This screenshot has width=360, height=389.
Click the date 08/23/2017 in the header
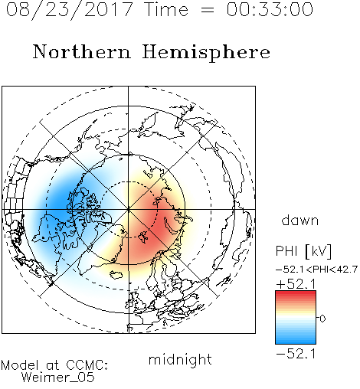(x=69, y=9)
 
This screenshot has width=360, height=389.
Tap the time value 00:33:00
(x=270, y=9)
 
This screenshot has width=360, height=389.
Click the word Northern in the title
(x=82, y=51)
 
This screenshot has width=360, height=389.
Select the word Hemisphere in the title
(x=206, y=53)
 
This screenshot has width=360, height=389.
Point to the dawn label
(x=300, y=220)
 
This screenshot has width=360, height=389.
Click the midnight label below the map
(x=180, y=360)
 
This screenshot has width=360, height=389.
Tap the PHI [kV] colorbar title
(x=303, y=251)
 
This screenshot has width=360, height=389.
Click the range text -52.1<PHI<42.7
(x=316, y=270)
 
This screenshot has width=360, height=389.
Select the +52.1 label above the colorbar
(x=296, y=284)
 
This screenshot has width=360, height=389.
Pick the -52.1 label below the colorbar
(x=296, y=354)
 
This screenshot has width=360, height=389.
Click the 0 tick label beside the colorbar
(x=322, y=319)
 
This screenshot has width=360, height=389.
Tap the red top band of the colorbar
(x=296, y=293)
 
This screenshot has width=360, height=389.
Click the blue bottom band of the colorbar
(x=296, y=341)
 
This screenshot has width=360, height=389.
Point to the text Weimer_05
(x=58, y=378)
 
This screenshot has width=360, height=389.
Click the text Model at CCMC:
(x=54, y=365)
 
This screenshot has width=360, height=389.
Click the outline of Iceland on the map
(x=116, y=274)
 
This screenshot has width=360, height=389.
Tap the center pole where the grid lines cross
(x=129, y=209)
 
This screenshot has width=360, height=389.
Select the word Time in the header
(x=166, y=9)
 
